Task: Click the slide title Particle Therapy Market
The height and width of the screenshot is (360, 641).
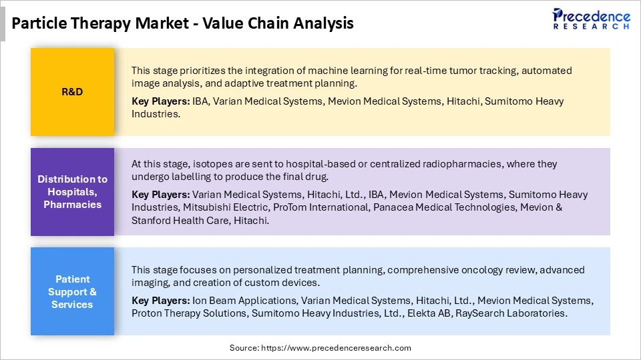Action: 182,23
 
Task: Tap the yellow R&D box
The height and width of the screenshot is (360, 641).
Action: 72,92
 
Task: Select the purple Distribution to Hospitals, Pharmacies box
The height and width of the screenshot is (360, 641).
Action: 72,191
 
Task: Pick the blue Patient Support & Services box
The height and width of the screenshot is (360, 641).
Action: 72,291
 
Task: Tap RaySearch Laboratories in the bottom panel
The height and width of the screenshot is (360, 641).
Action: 511,313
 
